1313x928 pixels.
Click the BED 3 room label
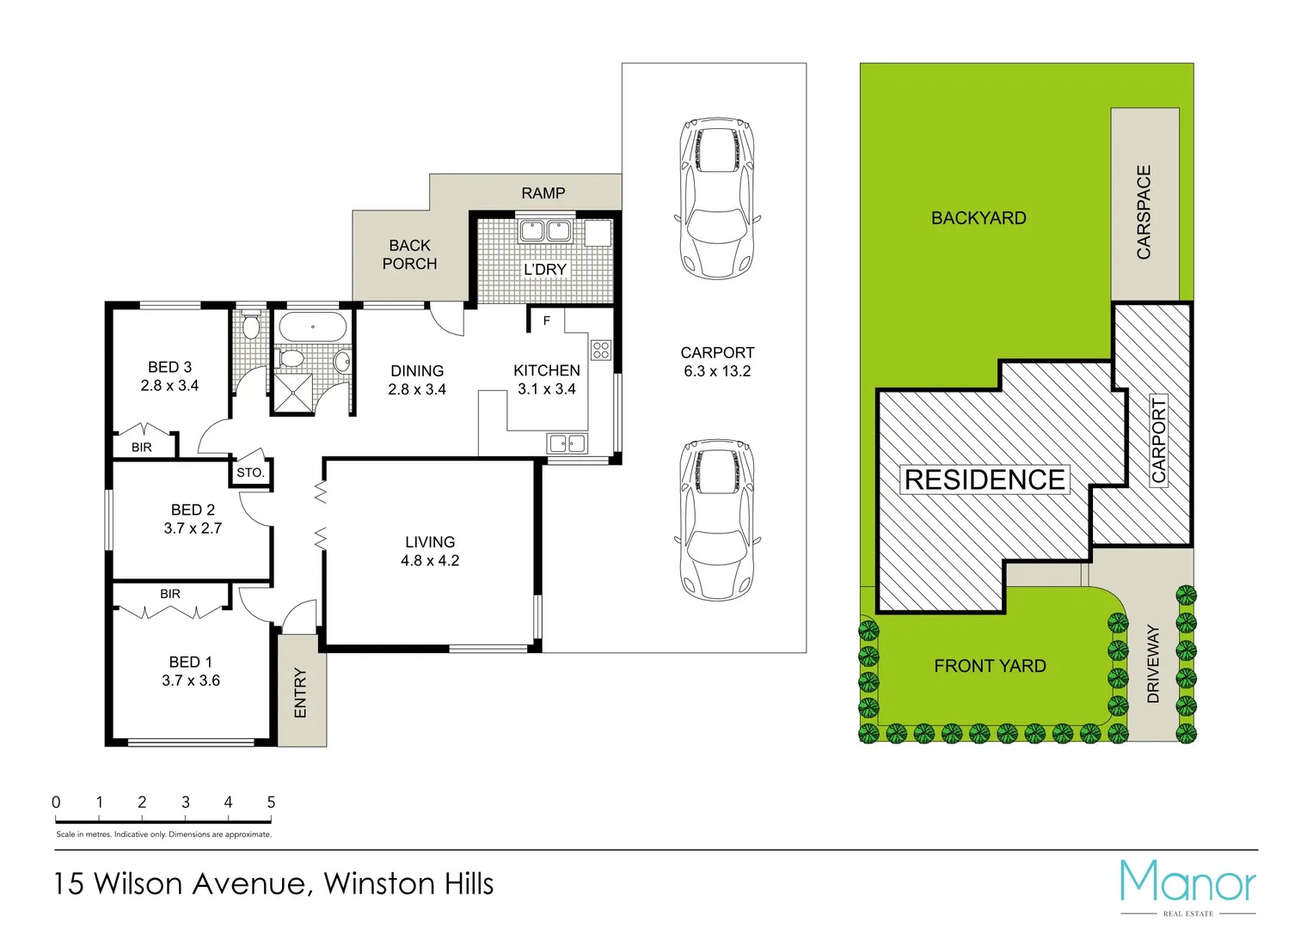(169, 368)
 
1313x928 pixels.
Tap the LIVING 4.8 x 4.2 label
(430, 551)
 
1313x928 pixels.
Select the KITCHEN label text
(546, 370)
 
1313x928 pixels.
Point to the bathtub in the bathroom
(313, 327)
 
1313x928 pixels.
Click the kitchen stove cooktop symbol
(601, 350)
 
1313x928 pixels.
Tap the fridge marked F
(546, 321)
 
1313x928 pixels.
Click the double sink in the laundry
(545, 230)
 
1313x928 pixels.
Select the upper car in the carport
(717, 198)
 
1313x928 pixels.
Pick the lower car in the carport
(717, 521)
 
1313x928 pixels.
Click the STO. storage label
(250, 473)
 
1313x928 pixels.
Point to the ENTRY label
(300, 693)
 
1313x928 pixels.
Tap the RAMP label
(543, 193)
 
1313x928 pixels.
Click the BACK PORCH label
(409, 254)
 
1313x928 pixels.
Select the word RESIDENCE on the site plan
(985, 479)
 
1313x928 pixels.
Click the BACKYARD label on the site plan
(979, 218)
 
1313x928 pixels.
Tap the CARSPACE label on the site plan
(1144, 212)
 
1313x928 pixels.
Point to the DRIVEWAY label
(1153, 663)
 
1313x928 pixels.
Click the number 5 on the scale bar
(271, 802)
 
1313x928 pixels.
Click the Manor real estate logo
(1187, 884)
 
